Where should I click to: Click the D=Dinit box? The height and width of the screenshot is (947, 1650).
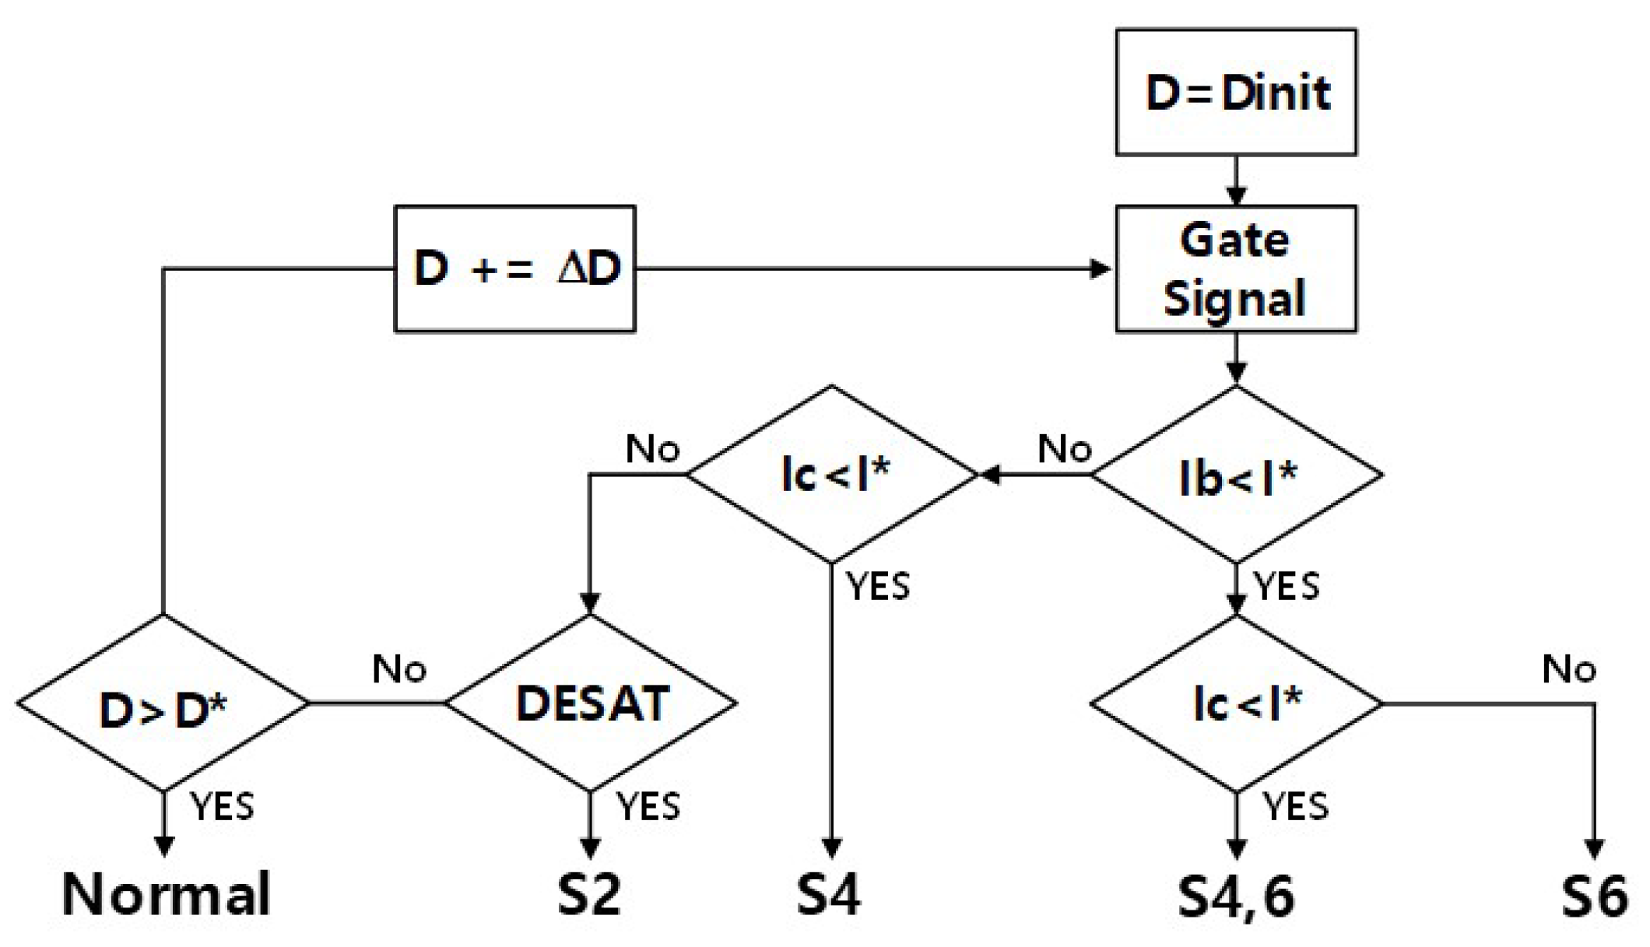[x=1236, y=93]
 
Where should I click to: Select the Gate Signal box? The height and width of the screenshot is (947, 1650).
[x=1236, y=269]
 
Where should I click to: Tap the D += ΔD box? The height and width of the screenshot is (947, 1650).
[x=515, y=269]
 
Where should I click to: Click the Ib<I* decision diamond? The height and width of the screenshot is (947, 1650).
[x=1236, y=475]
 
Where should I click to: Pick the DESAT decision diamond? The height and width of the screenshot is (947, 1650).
[x=591, y=703]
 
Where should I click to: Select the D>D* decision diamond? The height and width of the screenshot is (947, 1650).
[x=163, y=703]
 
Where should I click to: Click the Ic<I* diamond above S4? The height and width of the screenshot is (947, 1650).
[x=832, y=475]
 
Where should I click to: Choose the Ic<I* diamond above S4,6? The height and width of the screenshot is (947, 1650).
[x=1236, y=703]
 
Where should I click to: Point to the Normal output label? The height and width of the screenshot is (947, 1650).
[x=166, y=895]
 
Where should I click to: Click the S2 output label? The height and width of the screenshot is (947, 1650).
[x=590, y=895]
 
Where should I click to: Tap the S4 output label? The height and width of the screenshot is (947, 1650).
[x=829, y=895]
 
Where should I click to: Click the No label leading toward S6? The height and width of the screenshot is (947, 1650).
[x=1569, y=669]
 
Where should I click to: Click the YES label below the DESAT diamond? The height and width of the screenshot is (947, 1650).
[x=648, y=806]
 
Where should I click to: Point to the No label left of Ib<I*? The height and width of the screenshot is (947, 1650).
[x=1065, y=449]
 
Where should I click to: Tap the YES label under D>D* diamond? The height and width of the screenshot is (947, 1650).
[x=223, y=806]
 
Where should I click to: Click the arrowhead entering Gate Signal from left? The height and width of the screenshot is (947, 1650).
[x=1101, y=269]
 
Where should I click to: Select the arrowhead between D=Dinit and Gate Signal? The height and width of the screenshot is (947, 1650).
[x=1236, y=195]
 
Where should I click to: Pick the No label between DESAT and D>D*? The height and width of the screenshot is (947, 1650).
[x=399, y=669]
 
